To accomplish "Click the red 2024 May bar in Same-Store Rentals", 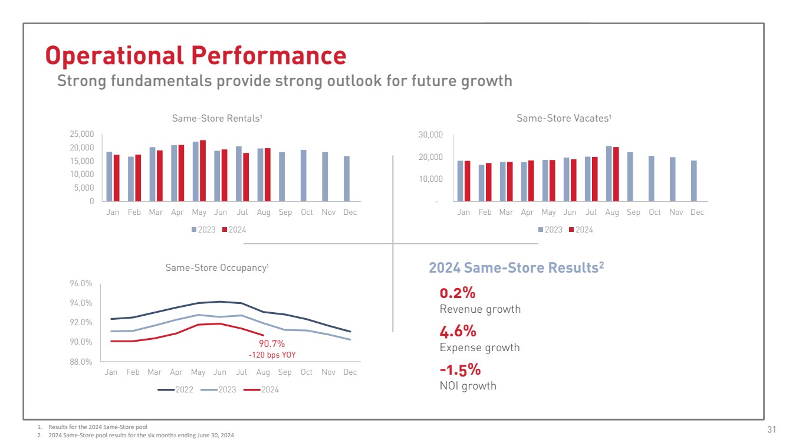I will click(x=203, y=171).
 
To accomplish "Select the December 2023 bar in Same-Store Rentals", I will click(x=347, y=178).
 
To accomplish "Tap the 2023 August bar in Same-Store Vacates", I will click(x=609, y=173).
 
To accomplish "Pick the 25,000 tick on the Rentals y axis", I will click(x=82, y=134).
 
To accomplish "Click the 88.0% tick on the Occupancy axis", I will click(x=81, y=362).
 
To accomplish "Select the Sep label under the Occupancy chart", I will click(x=285, y=372).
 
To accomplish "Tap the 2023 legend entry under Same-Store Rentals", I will click(x=203, y=230).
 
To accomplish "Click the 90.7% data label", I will click(x=272, y=343).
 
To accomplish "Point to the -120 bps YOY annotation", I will click(x=272, y=355).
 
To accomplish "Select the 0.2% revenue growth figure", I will click(x=458, y=293).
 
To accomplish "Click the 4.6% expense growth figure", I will click(x=458, y=332).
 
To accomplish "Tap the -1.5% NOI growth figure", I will click(x=460, y=370).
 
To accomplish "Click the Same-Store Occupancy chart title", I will click(x=217, y=268).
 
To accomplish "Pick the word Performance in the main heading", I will click(x=268, y=55).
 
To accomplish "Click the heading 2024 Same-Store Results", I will click(x=516, y=268).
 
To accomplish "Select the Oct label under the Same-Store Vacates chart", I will click(x=655, y=212).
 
